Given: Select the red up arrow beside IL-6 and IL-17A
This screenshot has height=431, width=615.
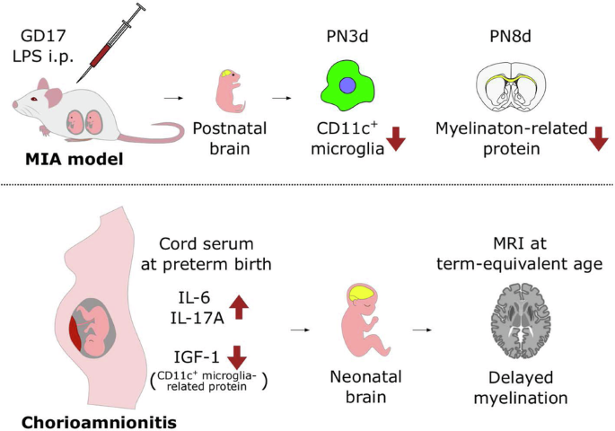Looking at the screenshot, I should (238, 305).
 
